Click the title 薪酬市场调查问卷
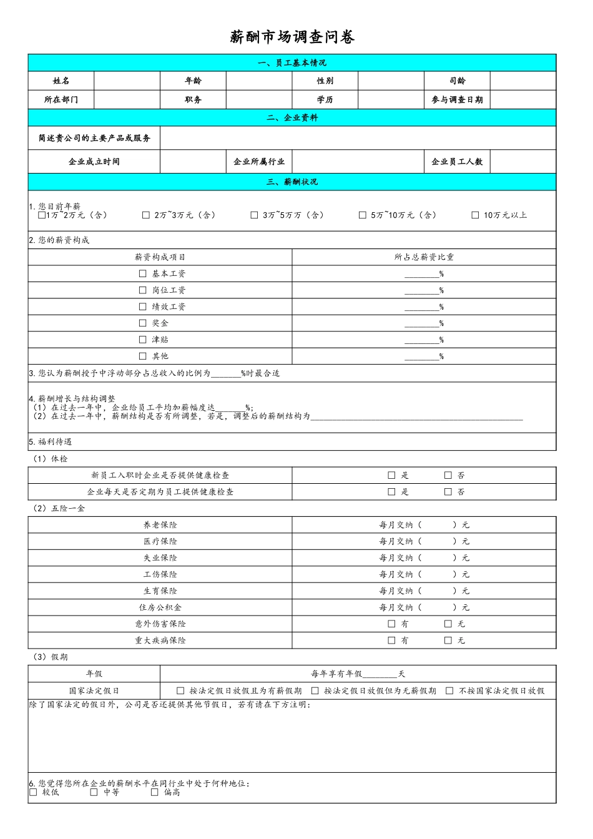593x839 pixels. coord(292,37)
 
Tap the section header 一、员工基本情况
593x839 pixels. coord(292,63)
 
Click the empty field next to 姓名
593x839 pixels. coord(127,81)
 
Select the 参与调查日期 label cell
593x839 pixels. coord(457,100)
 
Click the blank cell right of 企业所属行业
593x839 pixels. coord(358,162)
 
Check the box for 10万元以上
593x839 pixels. coord(475,215)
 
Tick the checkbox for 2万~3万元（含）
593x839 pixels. coord(146,215)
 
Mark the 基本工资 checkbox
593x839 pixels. coord(143,274)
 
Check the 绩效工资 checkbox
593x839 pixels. coord(143,307)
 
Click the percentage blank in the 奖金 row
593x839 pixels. coord(421,323)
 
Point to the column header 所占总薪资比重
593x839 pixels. coord(424,257)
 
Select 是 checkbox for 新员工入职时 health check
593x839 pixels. coord(392,476)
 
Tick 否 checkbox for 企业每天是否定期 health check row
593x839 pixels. coord(448,492)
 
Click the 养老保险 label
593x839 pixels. coord(160,525)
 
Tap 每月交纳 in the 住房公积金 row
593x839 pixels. coord(396,607)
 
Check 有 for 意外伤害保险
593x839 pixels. coord(392,624)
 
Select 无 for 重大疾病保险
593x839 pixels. coord(448,640)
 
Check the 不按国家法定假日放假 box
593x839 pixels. coord(449,691)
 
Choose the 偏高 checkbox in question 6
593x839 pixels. coord(155,792)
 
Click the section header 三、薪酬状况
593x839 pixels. coord(292,182)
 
